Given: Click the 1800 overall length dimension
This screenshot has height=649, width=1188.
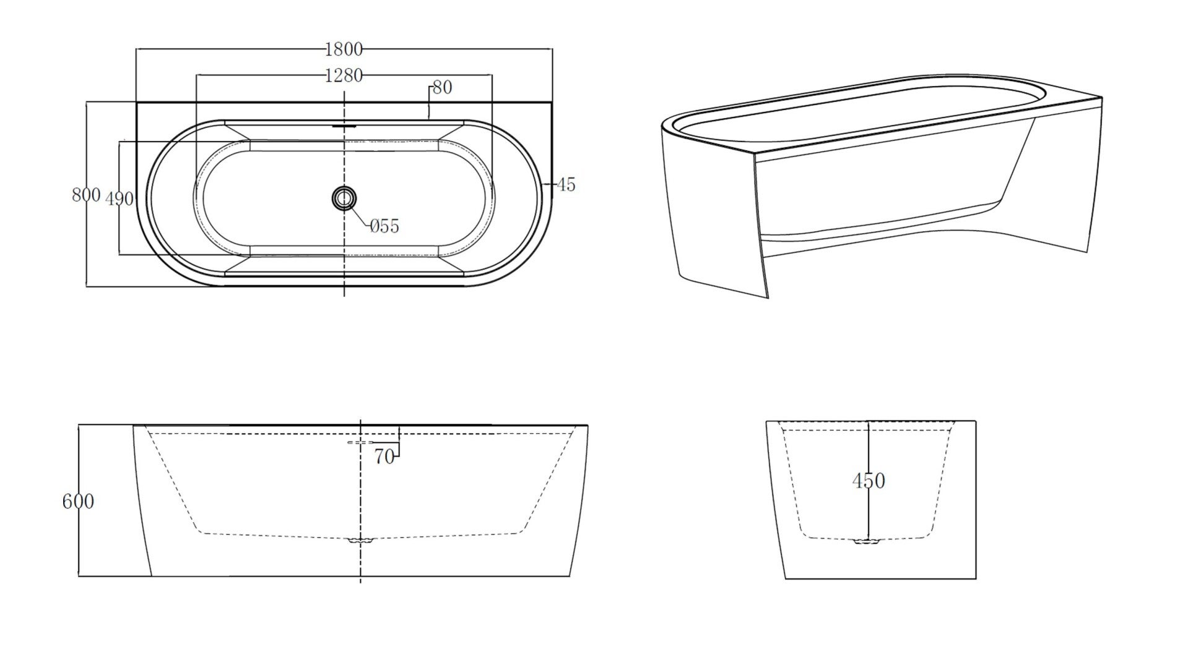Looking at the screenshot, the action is [344, 49].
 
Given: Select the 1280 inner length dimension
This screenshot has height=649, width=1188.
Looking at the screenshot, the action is [344, 75].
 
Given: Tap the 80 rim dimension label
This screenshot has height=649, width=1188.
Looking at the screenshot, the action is [442, 87].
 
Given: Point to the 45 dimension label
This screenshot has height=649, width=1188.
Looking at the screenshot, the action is [566, 184].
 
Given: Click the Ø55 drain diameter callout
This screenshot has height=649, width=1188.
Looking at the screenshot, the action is [384, 226].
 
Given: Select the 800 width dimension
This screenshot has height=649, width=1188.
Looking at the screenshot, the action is [85, 195].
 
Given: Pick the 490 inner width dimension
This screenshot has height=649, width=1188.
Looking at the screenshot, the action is [119, 199].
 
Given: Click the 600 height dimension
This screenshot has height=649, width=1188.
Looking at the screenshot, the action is [78, 501].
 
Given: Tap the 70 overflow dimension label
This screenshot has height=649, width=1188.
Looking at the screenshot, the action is [384, 457].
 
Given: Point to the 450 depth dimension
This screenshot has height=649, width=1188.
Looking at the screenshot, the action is [869, 481].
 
